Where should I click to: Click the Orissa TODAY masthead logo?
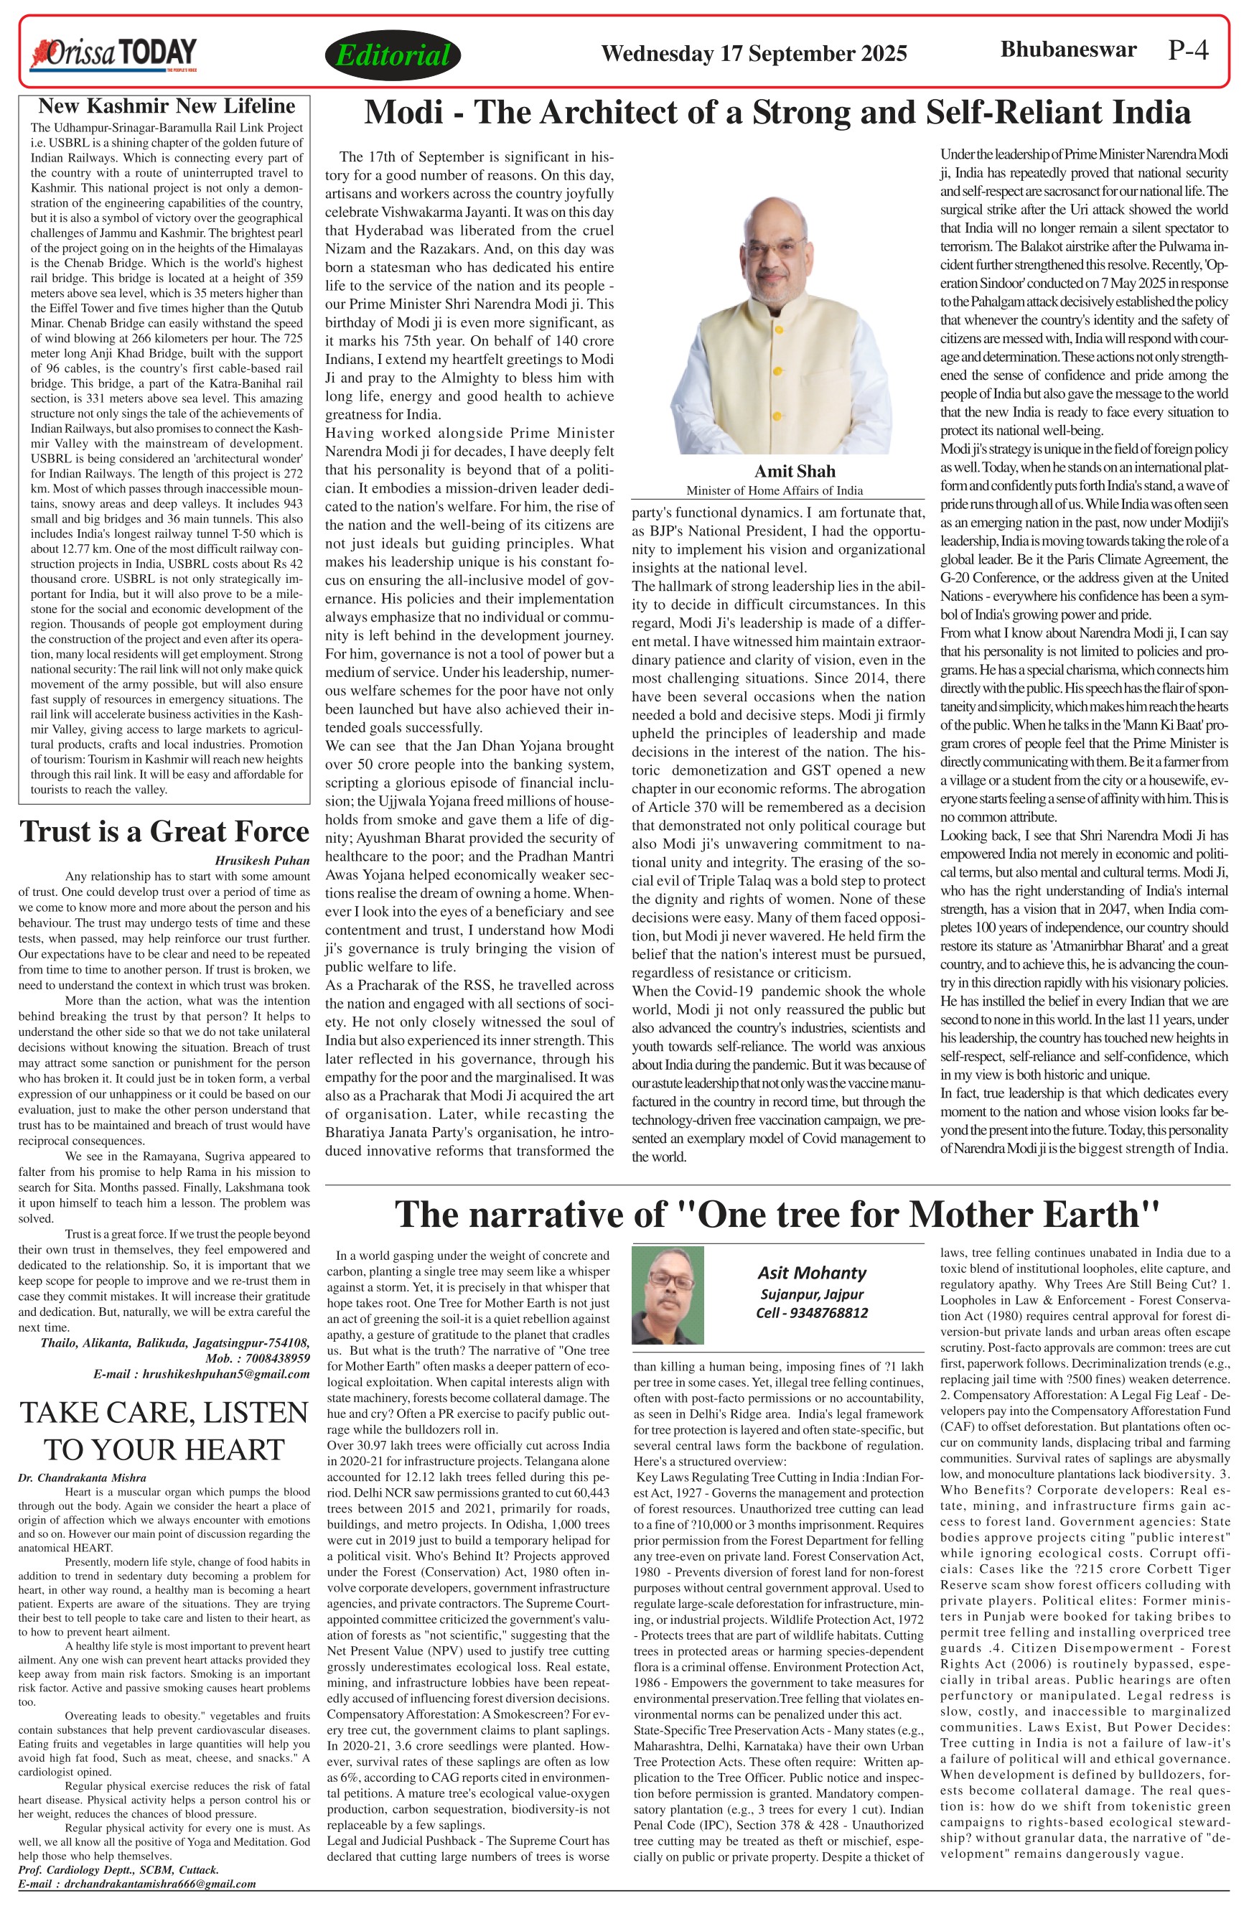(x=113, y=55)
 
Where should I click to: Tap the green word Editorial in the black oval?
(x=393, y=55)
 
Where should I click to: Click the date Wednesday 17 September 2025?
(x=754, y=54)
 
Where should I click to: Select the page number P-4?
(x=1187, y=50)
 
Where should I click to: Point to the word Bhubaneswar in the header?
(x=1068, y=50)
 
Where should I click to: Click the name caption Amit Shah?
(x=794, y=472)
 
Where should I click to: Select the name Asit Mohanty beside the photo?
(x=812, y=1273)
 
